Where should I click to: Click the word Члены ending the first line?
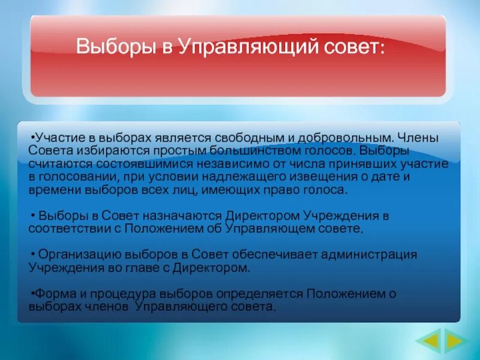click(x=418, y=137)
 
